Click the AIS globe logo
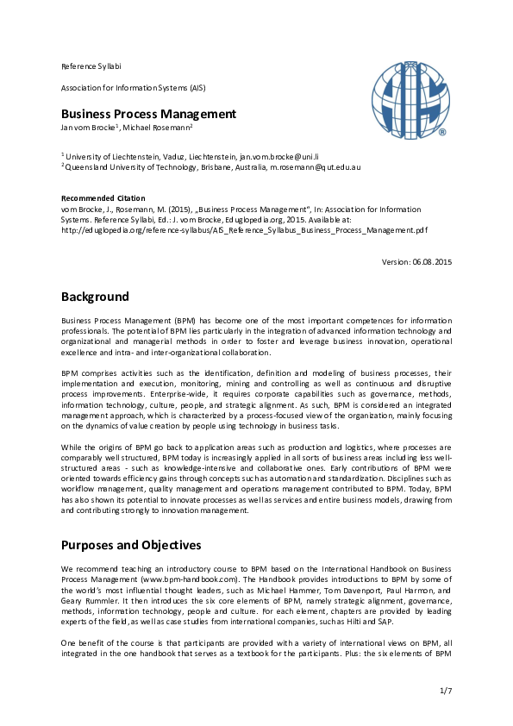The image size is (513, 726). [410, 100]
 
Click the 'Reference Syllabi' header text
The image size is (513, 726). [91, 66]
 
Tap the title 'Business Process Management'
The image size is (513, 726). [147, 114]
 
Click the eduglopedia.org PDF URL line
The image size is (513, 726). [244, 230]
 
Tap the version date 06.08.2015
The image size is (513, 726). [431, 261]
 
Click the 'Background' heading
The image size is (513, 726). [95, 297]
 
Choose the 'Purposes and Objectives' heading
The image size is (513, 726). [131, 545]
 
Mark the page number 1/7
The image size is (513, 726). [446, 691]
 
